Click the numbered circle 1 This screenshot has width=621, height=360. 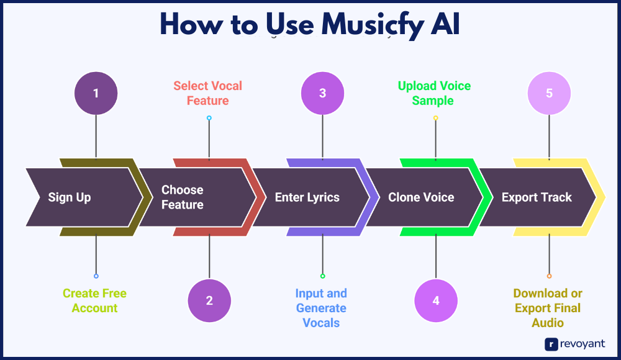point(96,93)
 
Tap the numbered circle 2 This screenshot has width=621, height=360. point(209,300)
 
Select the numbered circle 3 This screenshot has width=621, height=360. point(322,93)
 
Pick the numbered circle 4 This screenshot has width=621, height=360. point(436,300)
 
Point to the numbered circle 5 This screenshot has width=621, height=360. point(549,93)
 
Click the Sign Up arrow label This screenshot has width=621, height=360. point(70,197)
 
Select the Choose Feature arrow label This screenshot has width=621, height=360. point(183,197)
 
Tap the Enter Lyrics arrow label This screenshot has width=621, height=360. point(307,197)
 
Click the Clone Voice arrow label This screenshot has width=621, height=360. point(421,197)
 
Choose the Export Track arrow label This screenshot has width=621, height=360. point(537,197)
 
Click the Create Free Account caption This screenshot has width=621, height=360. point(94,300)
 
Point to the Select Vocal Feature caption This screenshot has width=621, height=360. point(208,93)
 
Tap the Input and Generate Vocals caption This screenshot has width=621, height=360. point(321,308)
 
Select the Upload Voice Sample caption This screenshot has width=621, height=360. point(435,93)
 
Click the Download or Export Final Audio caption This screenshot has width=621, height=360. point(548,308)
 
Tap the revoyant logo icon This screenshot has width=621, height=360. point(551,344)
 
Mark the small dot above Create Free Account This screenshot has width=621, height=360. point(96,276)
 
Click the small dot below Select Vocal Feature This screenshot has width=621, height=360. point(209,118)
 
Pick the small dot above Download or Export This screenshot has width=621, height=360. point(549,276)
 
